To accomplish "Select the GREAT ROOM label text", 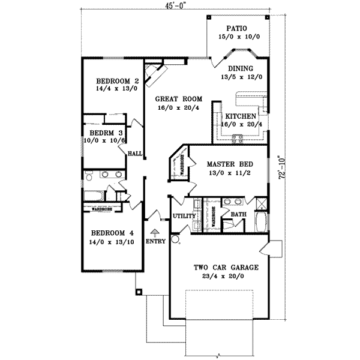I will pyautogui.click(x=179, y=98).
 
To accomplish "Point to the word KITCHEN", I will pyautogui.click(x=241, y=116).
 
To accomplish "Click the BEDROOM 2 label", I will pyautogui.click(x=118, y=81).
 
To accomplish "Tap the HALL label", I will pyautogui.click(x=134, y=154).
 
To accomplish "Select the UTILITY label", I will pyautogui.click(x=185, y=216).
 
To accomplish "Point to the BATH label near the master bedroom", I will pyautogui.click(x=238, y=214).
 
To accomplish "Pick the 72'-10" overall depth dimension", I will pyautogui.click(x=292, y=169).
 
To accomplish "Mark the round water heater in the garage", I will pyautogui.click(x=175, y=239).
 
